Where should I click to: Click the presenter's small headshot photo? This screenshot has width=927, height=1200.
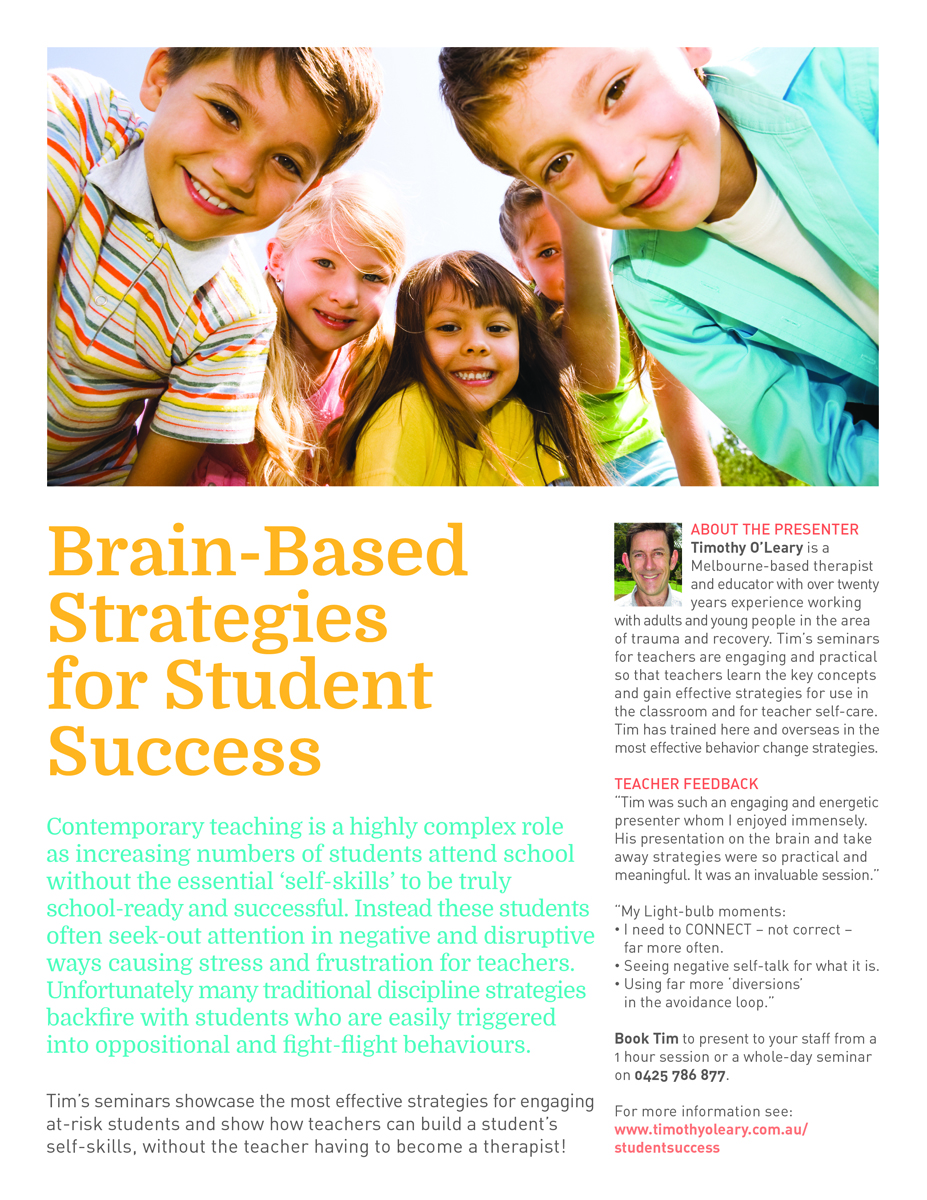pos(648,564)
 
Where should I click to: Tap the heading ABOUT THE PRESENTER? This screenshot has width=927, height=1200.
pos(774,529)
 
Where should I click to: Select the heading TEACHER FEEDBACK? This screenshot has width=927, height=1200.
pos(686,784)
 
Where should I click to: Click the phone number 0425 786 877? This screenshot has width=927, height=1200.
pos(680,1076)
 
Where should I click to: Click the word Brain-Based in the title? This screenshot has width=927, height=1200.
pos(257,552)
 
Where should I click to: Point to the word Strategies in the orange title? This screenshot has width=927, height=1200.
pos(217,618)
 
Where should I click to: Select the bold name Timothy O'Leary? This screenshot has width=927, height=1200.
pos(752,547)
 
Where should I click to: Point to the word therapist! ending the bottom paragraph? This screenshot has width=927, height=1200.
pos(521,1146)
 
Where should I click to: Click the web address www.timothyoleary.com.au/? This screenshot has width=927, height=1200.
pos(710,1129)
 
